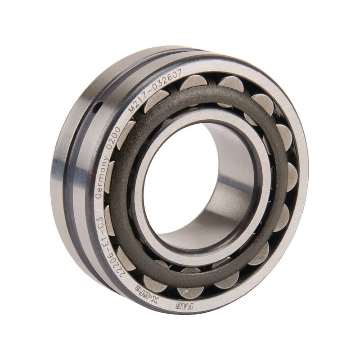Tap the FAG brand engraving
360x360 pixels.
pos(184,306)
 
